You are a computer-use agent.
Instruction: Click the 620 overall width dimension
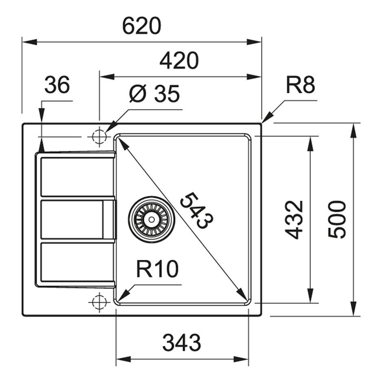click(x=142, y=26)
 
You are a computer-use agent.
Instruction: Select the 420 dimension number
click(x=179, y=61)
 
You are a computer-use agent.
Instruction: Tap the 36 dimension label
click(x=57, y=85)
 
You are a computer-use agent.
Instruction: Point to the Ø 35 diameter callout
click(x=154, y=94)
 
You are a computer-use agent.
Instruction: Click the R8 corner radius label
click(x=300, y=85)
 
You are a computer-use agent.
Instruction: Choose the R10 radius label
click(x=157, y=269)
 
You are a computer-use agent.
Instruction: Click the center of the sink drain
click(x=152, y=219)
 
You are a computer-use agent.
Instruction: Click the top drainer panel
click(x=76, y=176)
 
